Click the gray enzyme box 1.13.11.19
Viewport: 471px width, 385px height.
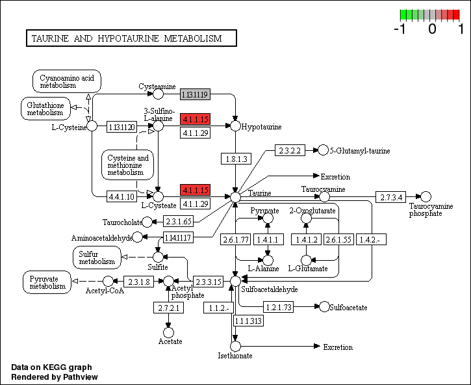pos(195,95)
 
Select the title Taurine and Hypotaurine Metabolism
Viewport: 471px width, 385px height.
pos(130,38)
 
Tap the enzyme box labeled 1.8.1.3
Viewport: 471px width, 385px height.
pos(235,158)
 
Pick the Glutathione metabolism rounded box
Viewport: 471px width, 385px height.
pos(45,107)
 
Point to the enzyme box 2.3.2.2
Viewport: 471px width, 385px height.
pos(290,150)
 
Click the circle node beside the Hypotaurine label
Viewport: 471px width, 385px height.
pos(235,126)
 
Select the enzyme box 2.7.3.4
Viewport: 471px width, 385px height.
pos(392,196)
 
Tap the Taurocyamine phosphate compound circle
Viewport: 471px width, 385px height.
pos(426,196)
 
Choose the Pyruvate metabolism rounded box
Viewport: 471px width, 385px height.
pos(47,282)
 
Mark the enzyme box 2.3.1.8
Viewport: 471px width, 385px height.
pos(138,282)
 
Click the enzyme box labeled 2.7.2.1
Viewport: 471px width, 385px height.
pos(168,307)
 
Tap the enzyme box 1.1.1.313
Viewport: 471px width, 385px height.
pos(248,321)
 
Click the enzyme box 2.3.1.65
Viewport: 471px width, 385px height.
pos(178,221)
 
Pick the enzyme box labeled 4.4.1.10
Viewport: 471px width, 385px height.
pos(121,196)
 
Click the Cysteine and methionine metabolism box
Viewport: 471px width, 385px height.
pos(127,165)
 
